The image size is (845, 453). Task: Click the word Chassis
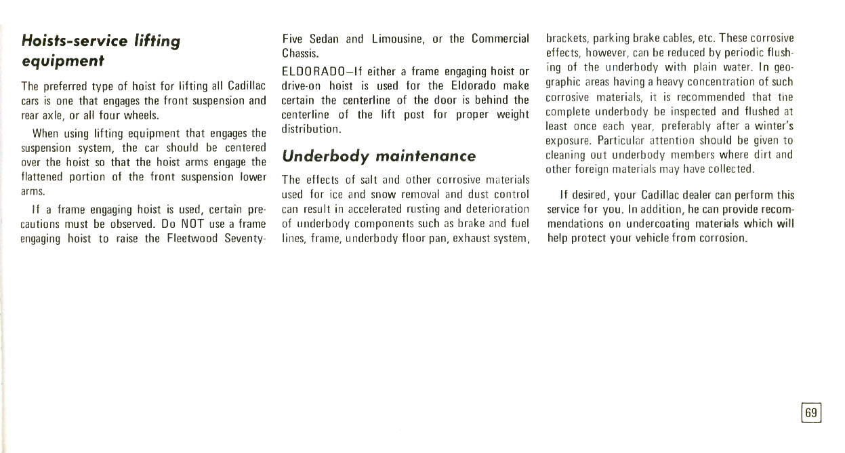click(300, 54)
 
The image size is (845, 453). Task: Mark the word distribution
click(310, 128)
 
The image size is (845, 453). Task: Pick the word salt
click(366, 180)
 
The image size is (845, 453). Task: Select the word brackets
click(567, 38)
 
